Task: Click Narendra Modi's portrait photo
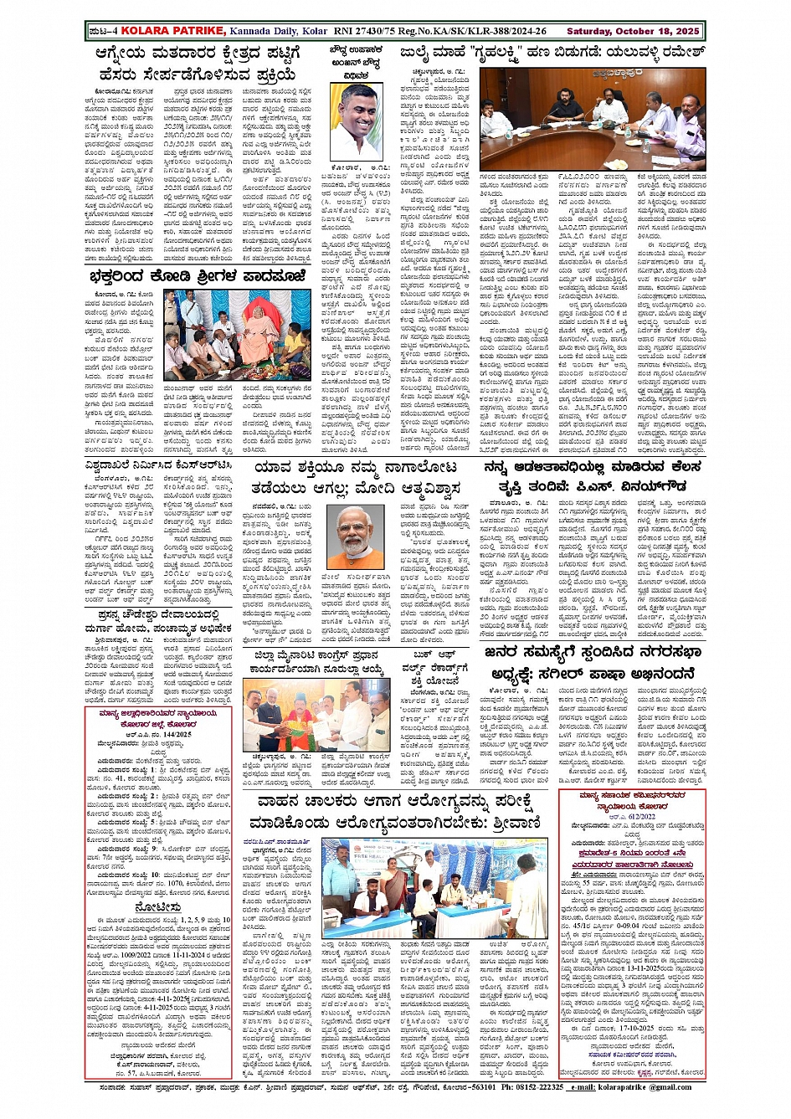(354, 536)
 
